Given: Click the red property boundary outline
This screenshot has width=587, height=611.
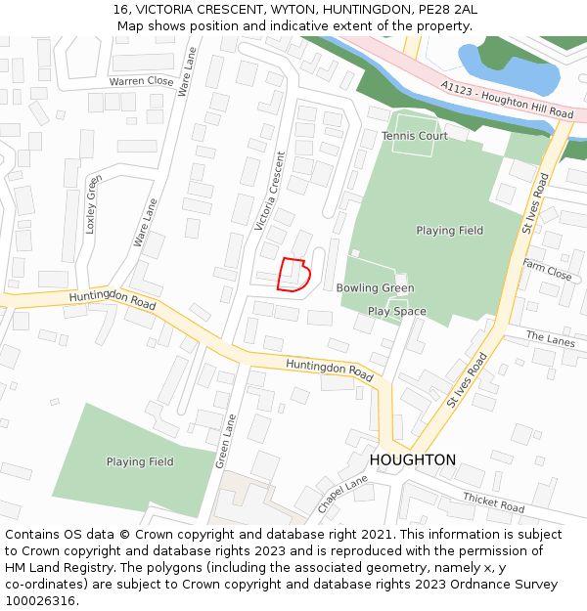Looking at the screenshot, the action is point(293,275).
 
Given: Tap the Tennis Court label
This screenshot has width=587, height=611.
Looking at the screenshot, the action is point(415,136).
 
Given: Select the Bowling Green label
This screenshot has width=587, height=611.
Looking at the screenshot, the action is point(375,288).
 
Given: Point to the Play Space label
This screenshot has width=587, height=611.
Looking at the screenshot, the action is point(396,311).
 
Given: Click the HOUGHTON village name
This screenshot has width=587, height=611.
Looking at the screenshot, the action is point(412,459).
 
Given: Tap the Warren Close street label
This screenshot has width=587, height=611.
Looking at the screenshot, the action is point(141,82).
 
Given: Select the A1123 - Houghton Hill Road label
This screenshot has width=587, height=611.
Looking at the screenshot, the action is point(506,101).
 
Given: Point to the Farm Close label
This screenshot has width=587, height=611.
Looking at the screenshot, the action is point(547,270).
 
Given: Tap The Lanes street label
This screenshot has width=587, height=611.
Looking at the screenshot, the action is point(551,339).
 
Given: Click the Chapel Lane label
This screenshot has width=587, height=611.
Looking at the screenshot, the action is point(341,496).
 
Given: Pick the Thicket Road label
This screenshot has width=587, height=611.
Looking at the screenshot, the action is point(493,502).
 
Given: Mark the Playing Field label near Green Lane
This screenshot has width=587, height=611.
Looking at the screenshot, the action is point(140,461).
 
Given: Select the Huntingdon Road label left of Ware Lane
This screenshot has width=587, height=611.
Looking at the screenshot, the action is point(112,300).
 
